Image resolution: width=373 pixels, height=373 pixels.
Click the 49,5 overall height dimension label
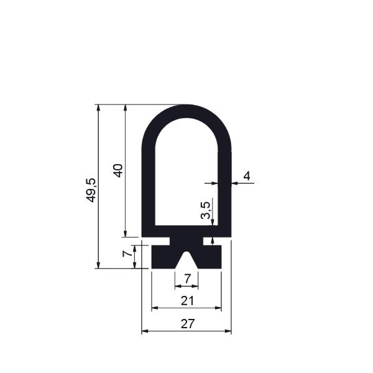point(91,190)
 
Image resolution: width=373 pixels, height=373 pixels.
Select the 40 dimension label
point(118,170)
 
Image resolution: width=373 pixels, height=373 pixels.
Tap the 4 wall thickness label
point(247,177)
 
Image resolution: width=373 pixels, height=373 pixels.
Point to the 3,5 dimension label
point(206,210)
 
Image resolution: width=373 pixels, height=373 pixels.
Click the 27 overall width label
point(188,324)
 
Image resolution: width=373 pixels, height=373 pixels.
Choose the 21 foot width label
point(188,301)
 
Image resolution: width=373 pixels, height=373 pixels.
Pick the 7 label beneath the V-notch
point(188,279)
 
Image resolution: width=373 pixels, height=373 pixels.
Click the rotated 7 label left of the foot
point(127,254)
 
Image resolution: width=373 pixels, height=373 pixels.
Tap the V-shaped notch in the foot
point(186,262)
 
